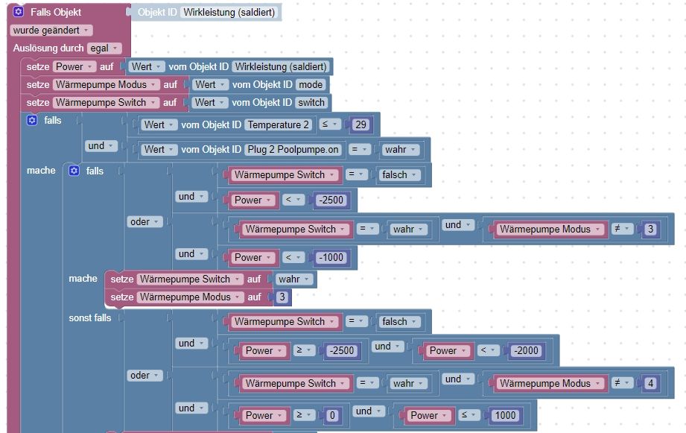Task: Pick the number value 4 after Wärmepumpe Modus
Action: click(651, 383)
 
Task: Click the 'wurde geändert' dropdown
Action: click(51, 30)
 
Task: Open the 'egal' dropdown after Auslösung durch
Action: click(103, 48)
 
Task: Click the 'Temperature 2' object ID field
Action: click(278, 124)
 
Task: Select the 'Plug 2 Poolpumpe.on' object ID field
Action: click(293, 149)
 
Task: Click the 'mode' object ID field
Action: click(309, 84)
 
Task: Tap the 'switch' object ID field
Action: click(311, 102)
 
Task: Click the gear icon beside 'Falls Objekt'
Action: click(19, 12)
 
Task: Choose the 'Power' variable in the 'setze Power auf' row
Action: click(72, 66)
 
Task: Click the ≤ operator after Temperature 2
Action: click(331, 124)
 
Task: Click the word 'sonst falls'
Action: click(90, 317)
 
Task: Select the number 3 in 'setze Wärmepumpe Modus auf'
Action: click(282, 297)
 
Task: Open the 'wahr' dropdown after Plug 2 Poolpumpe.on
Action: click(399, 149)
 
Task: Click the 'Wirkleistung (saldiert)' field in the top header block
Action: click(230, 12)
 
